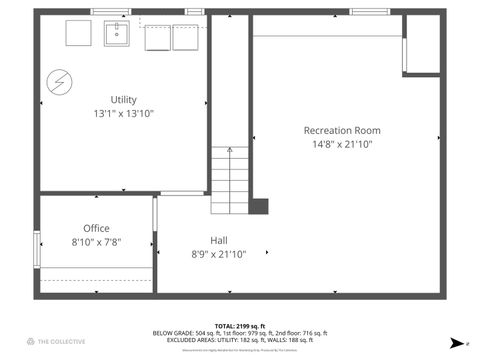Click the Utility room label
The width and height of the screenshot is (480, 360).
[124, 100]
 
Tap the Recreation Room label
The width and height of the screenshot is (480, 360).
[342, 130]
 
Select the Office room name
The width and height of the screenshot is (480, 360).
[97, 228]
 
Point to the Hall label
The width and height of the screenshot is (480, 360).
[218, 240]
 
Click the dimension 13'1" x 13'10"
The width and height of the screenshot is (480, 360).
[124, 114]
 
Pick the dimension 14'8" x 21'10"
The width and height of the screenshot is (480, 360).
[342, 145]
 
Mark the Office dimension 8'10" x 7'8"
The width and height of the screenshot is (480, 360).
[97, 242]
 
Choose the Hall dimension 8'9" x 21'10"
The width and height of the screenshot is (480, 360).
[218, 254]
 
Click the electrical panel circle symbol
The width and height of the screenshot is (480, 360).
[60, 80]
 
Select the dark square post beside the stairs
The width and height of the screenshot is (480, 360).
[259, 206]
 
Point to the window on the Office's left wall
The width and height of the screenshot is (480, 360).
[38, 246]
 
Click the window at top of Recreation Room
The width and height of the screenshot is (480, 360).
[368, 12]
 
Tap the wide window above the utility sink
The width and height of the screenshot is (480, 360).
[110, 12]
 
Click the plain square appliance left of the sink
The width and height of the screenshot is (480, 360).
[79, 34]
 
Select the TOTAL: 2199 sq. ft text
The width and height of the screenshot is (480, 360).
[239, 326]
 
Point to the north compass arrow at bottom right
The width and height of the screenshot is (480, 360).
[457, 343]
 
